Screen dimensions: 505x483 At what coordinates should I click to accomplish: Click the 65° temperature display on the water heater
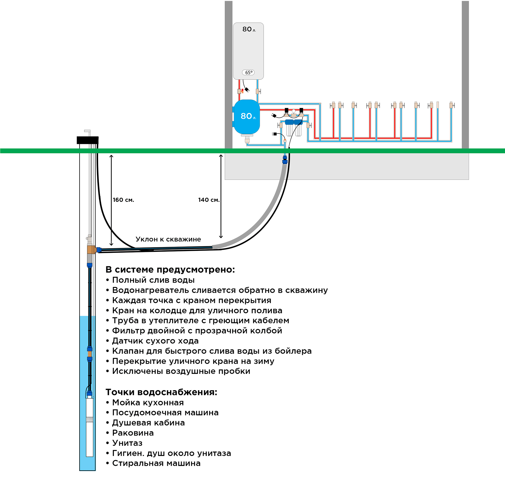248,73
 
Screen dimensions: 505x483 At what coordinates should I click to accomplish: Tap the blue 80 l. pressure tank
247,117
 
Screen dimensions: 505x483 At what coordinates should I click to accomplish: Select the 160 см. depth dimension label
123,200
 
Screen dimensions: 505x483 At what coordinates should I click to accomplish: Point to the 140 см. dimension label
209,200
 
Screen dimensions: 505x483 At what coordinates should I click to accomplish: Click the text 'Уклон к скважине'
168,239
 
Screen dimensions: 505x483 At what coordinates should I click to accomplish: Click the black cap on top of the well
88,140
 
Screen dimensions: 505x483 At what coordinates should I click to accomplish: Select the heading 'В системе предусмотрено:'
170,270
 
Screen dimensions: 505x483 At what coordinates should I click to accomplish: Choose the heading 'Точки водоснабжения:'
162,392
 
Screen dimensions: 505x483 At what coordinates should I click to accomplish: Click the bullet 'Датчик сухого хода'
152,341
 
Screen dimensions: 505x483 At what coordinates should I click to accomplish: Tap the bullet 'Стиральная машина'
153,463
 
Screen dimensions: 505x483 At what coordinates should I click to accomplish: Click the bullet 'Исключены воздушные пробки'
178,371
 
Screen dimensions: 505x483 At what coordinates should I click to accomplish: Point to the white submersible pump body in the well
89,427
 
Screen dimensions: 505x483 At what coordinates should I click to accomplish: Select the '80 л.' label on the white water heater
249,29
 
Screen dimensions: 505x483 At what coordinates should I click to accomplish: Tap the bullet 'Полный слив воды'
150,280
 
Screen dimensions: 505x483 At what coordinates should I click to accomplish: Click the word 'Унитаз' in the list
127,443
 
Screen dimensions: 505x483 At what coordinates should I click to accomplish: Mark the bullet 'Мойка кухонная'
145,402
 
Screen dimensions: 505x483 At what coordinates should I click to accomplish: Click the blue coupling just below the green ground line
285,160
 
